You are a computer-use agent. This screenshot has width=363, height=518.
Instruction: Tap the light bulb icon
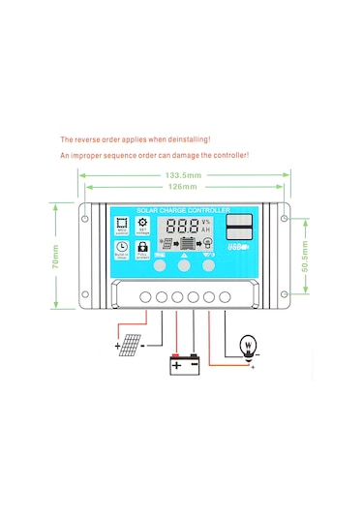[244, 346]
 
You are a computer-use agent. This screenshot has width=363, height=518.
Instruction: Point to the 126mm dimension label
[183, 187]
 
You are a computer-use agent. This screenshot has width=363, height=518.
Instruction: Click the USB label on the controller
[237, 249]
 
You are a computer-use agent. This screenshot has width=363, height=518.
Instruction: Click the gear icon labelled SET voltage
[143, 226]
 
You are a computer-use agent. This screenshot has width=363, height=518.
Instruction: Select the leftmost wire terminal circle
[146, 295]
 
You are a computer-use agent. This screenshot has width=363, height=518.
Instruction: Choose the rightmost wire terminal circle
[225, 295]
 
